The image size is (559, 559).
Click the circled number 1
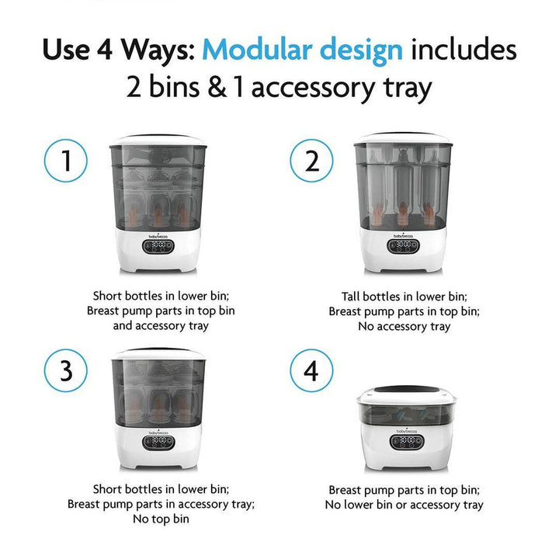coord(66,162)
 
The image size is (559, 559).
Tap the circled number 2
coord(311,162)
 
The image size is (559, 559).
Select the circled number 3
coord(66,371)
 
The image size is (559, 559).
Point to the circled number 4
coord(311,371)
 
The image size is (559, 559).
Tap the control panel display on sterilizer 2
coord(403,245)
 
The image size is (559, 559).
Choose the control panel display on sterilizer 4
coord(404,442)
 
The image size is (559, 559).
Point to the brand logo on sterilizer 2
coord(403,231)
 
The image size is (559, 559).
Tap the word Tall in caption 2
coord(353,297)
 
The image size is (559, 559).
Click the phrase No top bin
coord(159,519)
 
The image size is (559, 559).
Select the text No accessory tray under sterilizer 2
coord(404,326)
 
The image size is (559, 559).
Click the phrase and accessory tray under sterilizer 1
coord(159,326)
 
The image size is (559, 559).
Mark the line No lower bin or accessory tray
coord(404,505)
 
